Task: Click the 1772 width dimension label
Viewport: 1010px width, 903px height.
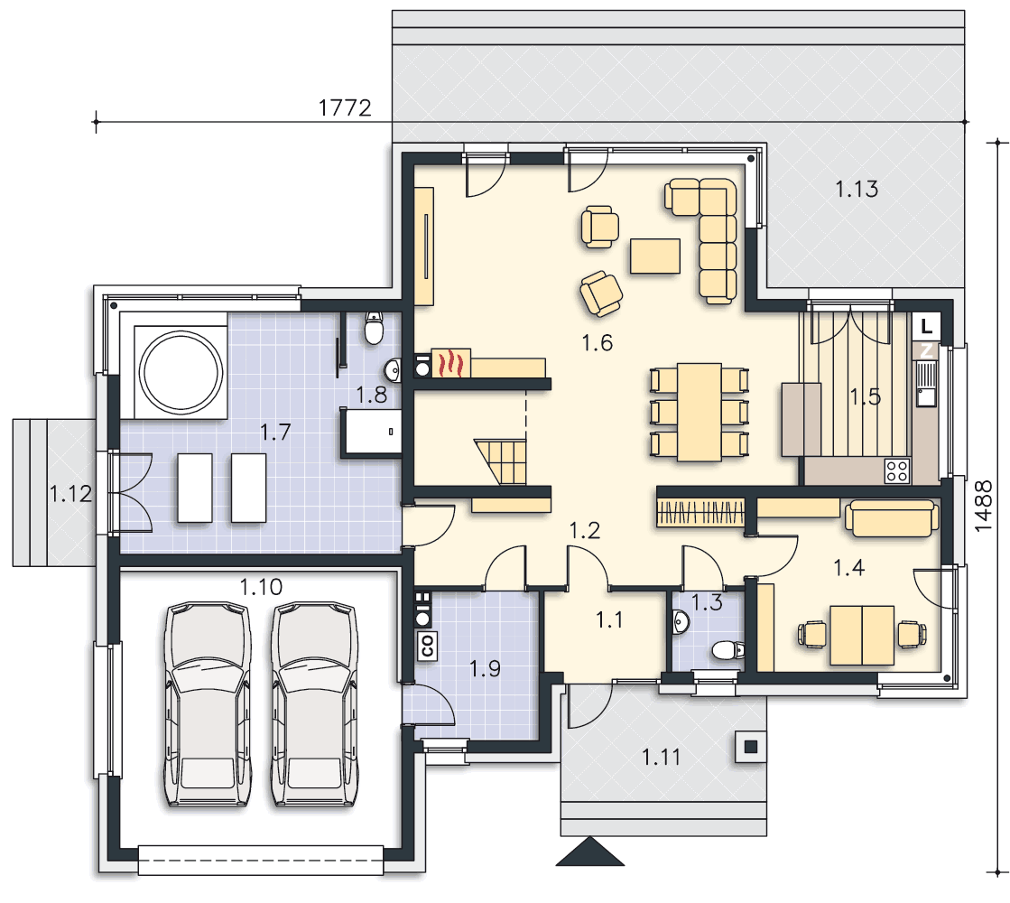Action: point(346,107)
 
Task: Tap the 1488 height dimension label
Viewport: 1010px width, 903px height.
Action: point(984,506)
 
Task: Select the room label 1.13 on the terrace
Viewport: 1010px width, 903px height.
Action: point(857,189)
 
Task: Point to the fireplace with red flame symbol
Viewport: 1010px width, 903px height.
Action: point(451,363)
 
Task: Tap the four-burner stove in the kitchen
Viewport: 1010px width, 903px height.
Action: point(896,470)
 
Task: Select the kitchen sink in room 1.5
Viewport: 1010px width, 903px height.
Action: point(926,384)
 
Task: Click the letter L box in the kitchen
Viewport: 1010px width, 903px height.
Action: point(926,326)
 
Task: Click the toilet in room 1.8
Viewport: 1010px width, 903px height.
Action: point(374,328)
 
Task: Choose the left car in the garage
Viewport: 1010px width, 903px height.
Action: point(208,704)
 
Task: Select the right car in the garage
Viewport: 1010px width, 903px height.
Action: point(314,704)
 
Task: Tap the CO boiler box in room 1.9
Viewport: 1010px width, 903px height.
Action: point(427,645)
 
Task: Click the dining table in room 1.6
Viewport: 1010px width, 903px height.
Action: point(699,412)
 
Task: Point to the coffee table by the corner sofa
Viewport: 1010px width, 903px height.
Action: point(655,256)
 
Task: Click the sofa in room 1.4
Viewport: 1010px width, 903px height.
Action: point(892,519)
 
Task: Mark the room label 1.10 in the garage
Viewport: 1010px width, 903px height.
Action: point(261,587)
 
